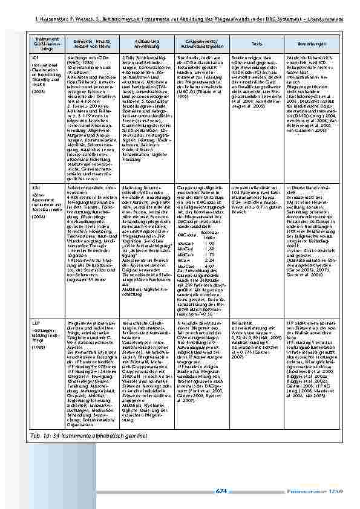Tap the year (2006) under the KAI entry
[x=38, y=216]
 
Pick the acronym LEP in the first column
[x=36, y=325]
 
